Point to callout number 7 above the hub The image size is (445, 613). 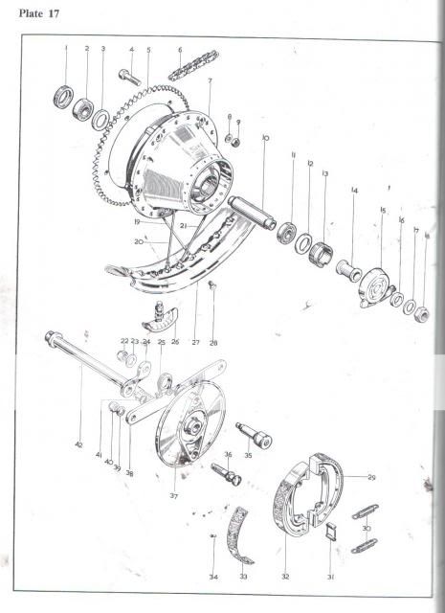click(x=209, y=81)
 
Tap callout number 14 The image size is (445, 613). click(x=354, y=190)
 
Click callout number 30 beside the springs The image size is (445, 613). click(x=367, y=528)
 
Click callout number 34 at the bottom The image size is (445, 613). click(x=214, y=578)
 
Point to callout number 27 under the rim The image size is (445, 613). click(x=195, y=342)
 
